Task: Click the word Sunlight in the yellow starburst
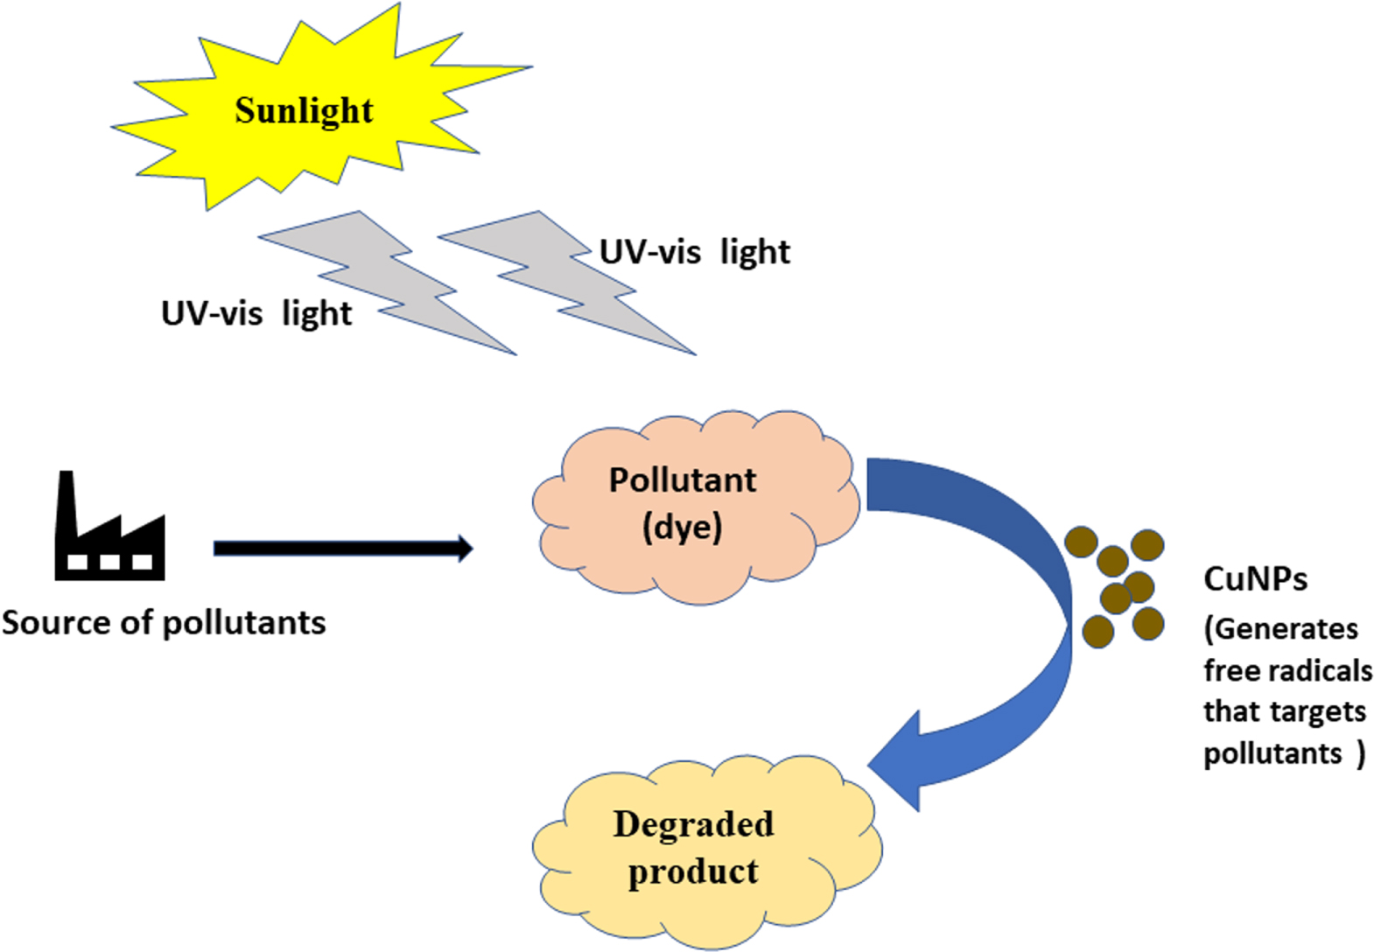click(304, 111)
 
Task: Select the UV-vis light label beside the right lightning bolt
click(694, 252)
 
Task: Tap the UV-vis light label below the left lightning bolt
click(256, 313)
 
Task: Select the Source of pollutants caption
click(164, 623)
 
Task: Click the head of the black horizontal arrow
click(464, 549)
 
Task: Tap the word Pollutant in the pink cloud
click(683, 480)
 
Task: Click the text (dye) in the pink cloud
click(683, 527)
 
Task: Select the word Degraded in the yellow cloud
click(693, 824)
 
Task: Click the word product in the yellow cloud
click(693, 871)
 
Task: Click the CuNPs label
click(1255, 579)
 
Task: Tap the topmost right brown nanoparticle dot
click(1146, 545)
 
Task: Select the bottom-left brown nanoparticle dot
click(1098, 630)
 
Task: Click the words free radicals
click(1287, 671)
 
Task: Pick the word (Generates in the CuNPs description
click(1280, 629)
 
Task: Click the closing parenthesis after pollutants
click(1360, 753)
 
